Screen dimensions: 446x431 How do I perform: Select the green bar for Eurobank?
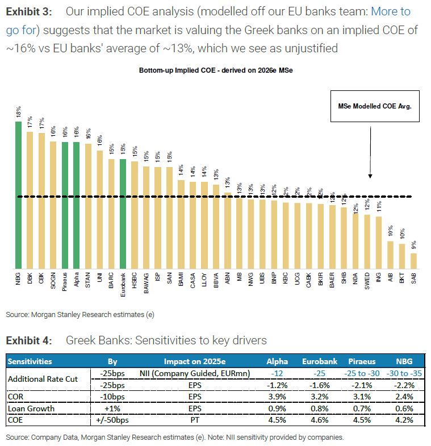123,214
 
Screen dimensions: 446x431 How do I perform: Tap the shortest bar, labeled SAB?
413,261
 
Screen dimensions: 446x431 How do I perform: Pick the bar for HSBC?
135,215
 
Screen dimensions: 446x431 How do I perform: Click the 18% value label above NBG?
19,112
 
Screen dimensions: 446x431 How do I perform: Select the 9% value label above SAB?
413,245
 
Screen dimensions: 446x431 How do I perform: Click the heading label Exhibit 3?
30,11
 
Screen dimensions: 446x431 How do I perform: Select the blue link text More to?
391,11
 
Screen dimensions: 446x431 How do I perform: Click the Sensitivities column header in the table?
29,361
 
